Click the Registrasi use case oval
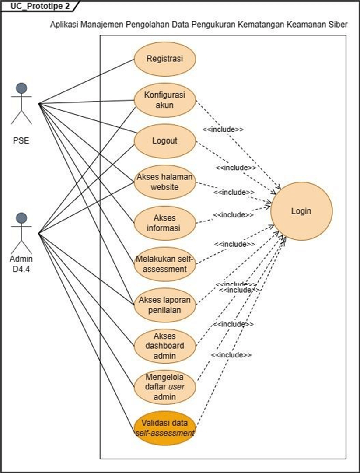tap(164, 59)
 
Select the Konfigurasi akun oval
tap(164, 100)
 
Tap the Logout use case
tap(164, 141)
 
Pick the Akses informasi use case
tap(164, 223)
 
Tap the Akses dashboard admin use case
tap(164, 346)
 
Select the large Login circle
tap(301, 211)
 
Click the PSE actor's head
tap(21, 88)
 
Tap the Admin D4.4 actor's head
tap(21, 218)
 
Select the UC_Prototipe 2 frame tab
tap(37, 6)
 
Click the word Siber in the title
tap(338, 25)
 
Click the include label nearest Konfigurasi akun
tap(223, 130)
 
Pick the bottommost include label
tap(231, 355)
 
